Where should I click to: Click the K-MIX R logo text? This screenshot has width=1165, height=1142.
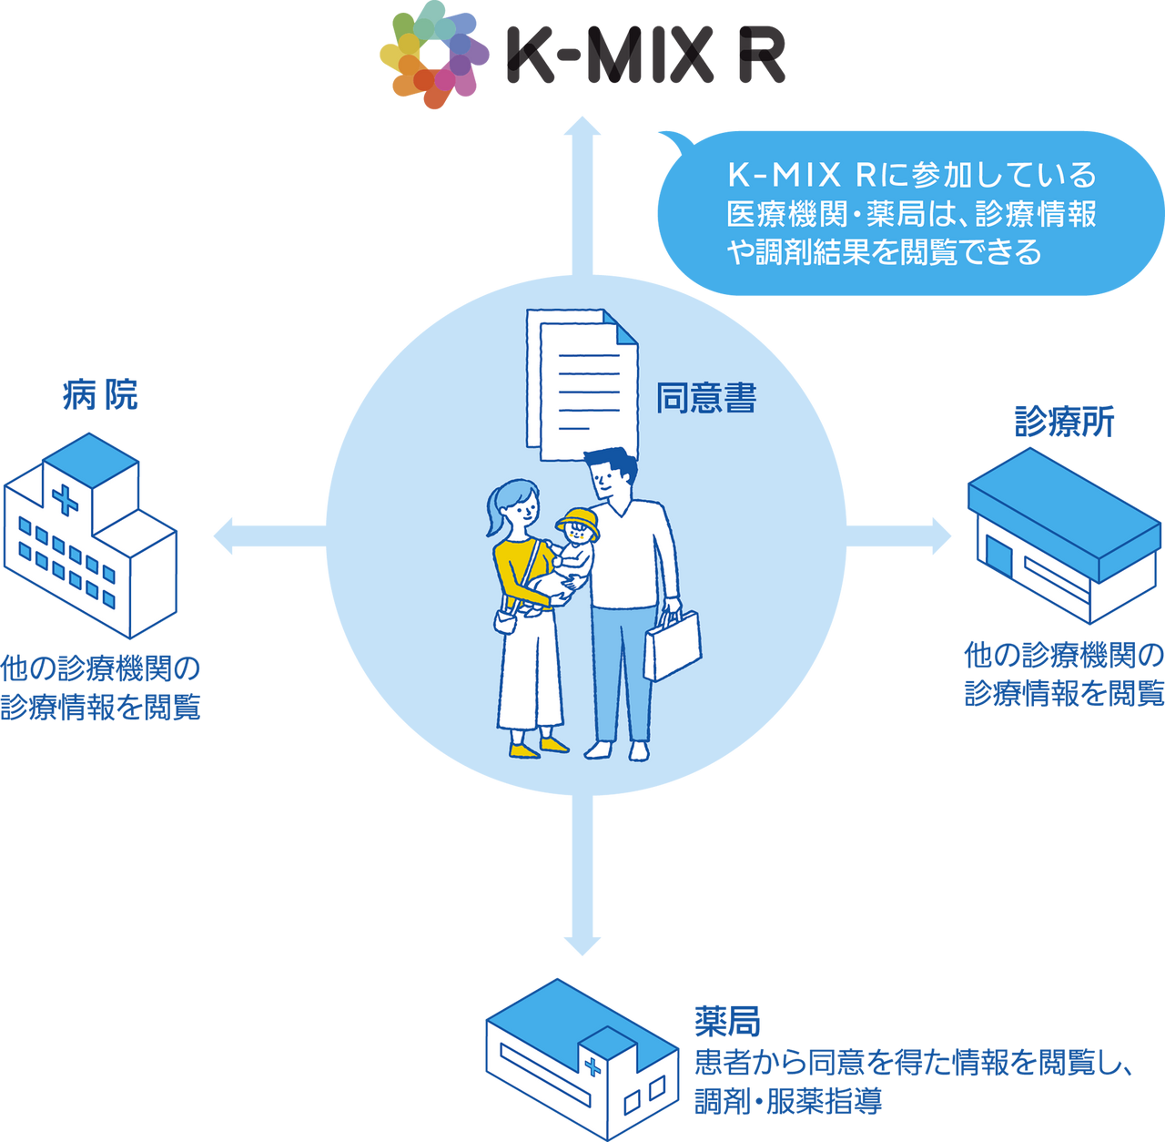pos(645,56)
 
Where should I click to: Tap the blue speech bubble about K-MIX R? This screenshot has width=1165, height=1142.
pos(910,213)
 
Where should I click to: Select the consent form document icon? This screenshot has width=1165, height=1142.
pos(580,383)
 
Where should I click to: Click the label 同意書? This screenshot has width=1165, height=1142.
pos(706,399)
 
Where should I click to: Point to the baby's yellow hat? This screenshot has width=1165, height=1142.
pos(578,524)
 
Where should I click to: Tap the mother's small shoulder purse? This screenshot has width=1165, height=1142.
pos(506,621)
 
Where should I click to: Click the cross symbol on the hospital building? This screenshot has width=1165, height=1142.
pos(65,499)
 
